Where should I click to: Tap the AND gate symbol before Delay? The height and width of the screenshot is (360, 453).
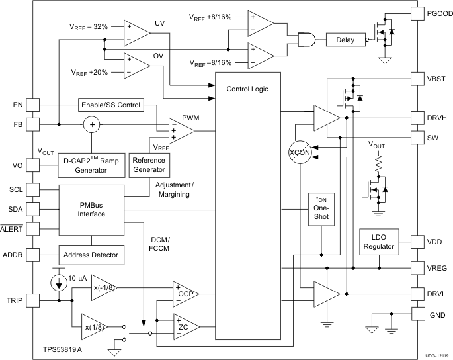pos(306,40)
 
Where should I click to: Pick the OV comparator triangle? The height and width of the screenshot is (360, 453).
pos(136,64)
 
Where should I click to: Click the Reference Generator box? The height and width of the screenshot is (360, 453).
pos(149,165)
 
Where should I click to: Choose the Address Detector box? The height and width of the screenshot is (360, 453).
pos(91,255)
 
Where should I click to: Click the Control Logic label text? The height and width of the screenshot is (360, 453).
pos(248,89)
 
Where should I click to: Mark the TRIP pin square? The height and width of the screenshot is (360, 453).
pos(33,300)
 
